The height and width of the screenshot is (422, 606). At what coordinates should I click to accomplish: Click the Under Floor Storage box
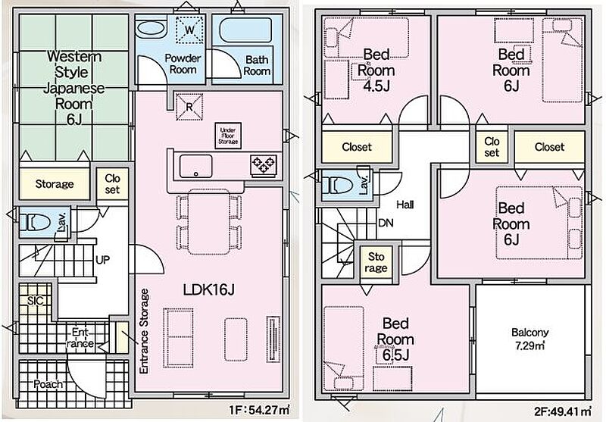pyautogui.click(x=228, y=136)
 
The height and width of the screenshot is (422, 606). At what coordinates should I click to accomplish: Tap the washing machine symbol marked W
pyautogui.click(x=189, y=30)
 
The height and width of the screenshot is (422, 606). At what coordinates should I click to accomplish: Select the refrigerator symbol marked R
pyautogui.click(x=189, y=107)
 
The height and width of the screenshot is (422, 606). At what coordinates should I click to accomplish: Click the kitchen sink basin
pyautogui.click(x=196, y=166)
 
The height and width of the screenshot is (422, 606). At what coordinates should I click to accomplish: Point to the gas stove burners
pyautogui.click(x=264, y=165)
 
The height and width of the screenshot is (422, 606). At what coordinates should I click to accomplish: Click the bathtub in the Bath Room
pyautogui.click(x=245, y=30)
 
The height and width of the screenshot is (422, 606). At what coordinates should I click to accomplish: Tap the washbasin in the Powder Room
pyautogui.click(x=151, y=30)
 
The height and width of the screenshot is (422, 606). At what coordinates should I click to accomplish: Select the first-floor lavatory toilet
pyautogui.click(x=35, y=223)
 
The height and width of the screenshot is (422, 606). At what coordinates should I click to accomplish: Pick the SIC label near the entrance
pyautogui.click(x=35, y=301)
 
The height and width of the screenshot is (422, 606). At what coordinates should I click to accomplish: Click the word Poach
pyautogui.click(x=48, y=384)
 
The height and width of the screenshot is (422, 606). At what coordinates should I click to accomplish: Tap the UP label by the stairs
pyautogui.click(x=102, y=260)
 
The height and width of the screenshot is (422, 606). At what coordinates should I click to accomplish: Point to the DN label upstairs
pyautogui.click(x=386, y=223)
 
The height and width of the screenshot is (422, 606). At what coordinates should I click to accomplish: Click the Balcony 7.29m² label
pyautogui.click(x=529, y=339)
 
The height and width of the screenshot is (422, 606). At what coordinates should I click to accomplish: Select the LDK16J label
pyautogui.click(x=209, y=289)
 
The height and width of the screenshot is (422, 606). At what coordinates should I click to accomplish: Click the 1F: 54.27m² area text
pyautogui.click(x=260, y=410)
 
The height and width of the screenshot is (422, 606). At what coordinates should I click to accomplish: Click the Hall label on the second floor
pyautogui.click(x=405, y=205)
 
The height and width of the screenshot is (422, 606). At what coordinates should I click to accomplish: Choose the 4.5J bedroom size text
pyautogui.click(x=376, y=86)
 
